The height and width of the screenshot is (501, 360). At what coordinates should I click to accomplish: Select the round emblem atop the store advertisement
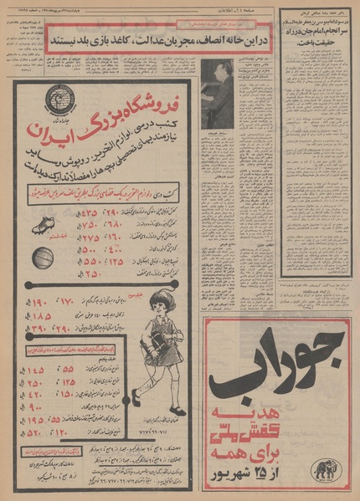60,100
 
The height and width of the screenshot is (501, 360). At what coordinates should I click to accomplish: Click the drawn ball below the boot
43,258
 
